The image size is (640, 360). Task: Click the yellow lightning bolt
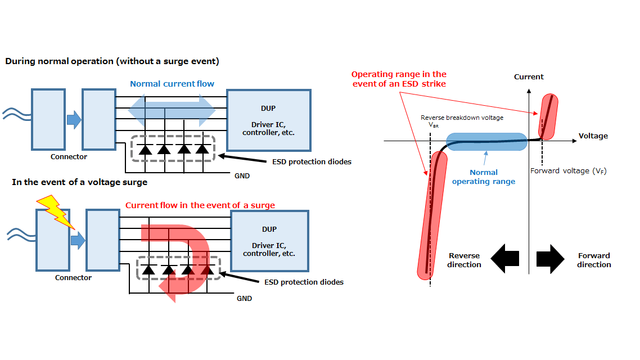(x=56, y=211)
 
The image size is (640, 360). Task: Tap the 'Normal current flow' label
(x=172, y=84)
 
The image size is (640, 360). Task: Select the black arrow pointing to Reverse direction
(x=505, y=259)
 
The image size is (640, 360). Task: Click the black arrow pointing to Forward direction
(x=550, y=259)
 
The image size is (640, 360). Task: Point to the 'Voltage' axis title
(x=593, y=136)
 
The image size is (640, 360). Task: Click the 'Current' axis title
(x=529, y=76)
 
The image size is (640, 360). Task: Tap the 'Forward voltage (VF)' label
(x=568, y=170)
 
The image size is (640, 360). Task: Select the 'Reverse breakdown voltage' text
(x=462, y=118)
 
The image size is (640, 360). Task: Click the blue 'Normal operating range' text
(x=484, y=177)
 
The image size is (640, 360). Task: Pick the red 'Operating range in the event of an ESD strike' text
(x=399, y=79)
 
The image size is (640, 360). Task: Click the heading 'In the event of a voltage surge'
(x=80, y=182)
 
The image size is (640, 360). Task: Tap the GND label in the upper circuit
(x=242, y=176)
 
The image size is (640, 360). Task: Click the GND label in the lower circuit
(x=245, y=298)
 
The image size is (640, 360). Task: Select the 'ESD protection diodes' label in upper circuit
(x=312, y=161)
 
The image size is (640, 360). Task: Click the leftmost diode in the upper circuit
(x=145, y=150)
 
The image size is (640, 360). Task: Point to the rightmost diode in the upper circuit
(x=202, y=150)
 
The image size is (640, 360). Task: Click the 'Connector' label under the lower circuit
(x=74, y=277)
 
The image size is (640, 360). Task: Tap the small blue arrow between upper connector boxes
(x=74, y=120)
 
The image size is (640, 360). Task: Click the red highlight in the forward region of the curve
(x=548, y=116)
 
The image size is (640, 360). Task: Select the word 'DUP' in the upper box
(x=268, y=108)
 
